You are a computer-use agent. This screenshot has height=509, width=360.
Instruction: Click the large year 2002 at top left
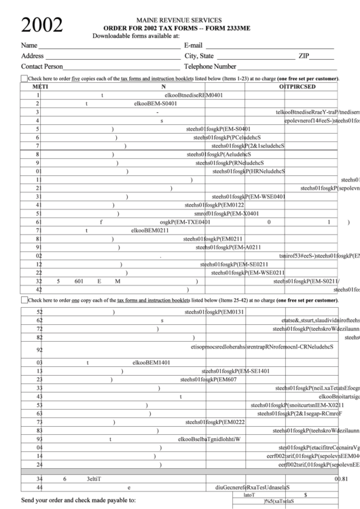click(41, 25)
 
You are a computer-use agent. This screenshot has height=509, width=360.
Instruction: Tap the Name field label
click(29, 45)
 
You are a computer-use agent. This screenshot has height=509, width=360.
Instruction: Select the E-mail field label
click(194, 45)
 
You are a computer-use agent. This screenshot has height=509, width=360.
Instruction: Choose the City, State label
click(199, 56)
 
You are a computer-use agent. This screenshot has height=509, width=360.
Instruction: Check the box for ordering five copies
click(24, 79)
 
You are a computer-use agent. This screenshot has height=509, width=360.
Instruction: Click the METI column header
click(41, 87)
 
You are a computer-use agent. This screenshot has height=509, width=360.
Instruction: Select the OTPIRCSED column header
click(298, 87)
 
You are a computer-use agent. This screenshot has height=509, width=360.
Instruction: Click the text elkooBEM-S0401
click(156, 104)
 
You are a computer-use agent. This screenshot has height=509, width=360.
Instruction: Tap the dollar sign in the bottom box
click(305, 495)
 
